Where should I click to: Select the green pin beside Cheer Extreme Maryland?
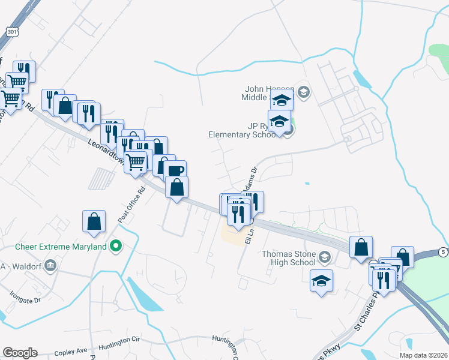coord(117,246)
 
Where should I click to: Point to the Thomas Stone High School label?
coord(288,258)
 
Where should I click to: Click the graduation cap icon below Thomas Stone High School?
coord(321,281)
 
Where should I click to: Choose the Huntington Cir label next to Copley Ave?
coord(119,340)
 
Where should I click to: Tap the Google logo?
coord(20,353)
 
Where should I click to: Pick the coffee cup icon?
coord(176,171)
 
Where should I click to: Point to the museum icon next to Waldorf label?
coord(50,265)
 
